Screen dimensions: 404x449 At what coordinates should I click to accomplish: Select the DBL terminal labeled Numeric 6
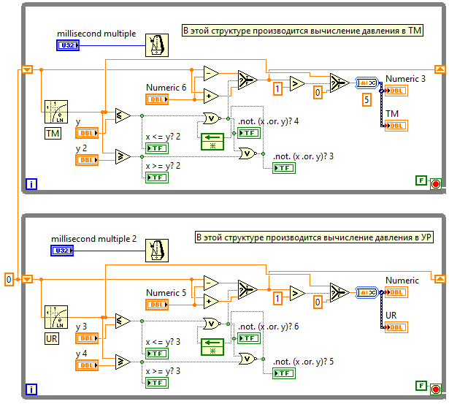(157, 99)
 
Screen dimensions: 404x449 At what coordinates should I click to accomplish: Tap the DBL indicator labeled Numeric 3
(396, 91)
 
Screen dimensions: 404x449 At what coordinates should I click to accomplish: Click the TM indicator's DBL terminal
(396, 126)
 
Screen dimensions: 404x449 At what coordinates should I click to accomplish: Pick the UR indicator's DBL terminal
(396, 327)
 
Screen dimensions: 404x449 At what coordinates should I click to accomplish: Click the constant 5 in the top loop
(367, 100)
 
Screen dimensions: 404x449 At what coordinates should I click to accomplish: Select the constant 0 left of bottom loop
(9, 279)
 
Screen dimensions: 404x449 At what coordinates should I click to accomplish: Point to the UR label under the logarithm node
(53, 338)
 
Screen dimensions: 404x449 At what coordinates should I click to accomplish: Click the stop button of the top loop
(436, 183)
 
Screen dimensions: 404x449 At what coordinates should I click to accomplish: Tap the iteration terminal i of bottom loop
(31, 387)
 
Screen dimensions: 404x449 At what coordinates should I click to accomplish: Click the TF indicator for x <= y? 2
(157, 148)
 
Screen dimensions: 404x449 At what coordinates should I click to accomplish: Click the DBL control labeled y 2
(87, 160)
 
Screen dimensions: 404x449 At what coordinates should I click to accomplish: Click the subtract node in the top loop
(211, 73)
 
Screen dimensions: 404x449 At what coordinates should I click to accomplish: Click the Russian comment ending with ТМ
(302, 30)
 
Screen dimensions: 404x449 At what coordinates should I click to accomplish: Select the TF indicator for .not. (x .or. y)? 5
(284, 373)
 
